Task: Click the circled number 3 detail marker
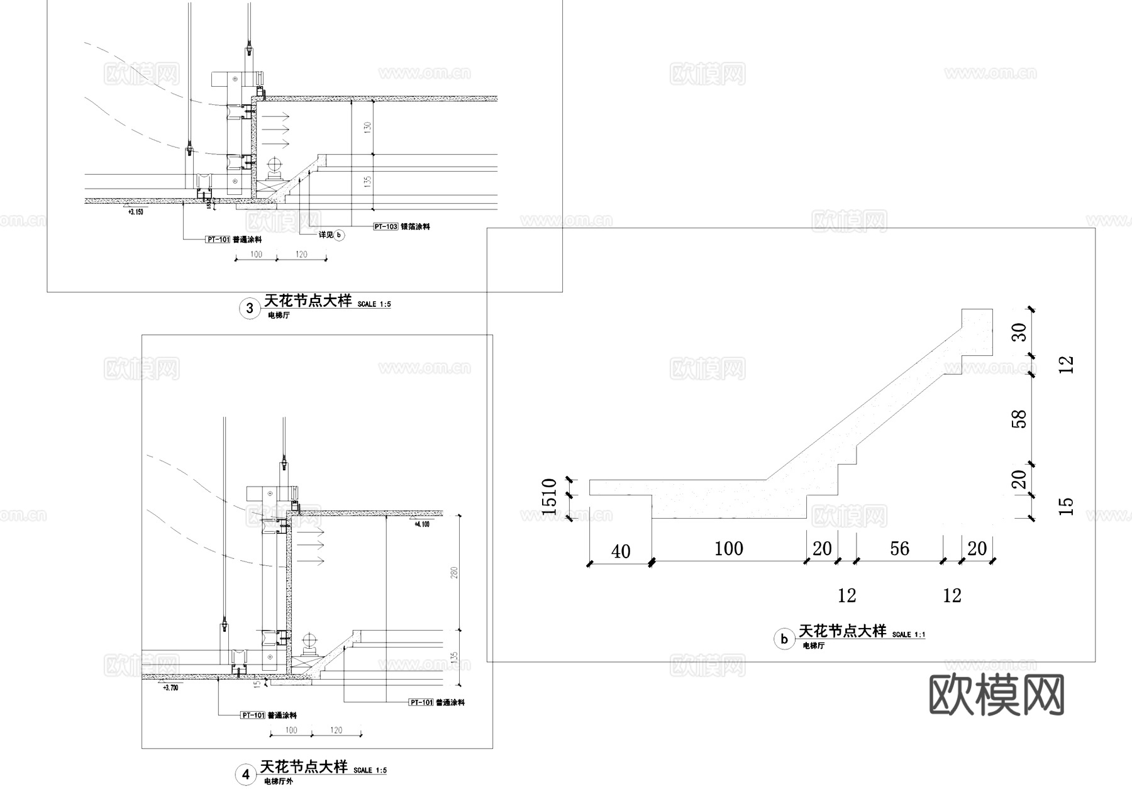coord(250,308)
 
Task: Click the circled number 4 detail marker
coord(246,775)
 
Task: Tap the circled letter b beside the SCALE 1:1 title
coord(784,640)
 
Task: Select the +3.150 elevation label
coord(135,212)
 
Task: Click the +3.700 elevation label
coord(170,688)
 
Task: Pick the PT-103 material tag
coord(386,226)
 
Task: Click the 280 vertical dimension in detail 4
coord(454,572)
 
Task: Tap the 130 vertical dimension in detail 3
coord(368,126)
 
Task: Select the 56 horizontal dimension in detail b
coord(899,549)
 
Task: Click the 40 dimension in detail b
coord(621,551)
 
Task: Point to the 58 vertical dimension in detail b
coord(1020,419)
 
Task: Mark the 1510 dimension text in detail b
coord(549,497)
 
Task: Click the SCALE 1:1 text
coord(908,634)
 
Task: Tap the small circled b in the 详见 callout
coord(339,235)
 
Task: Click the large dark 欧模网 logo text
coord(997,695)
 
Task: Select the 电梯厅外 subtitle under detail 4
coord(278,781)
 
